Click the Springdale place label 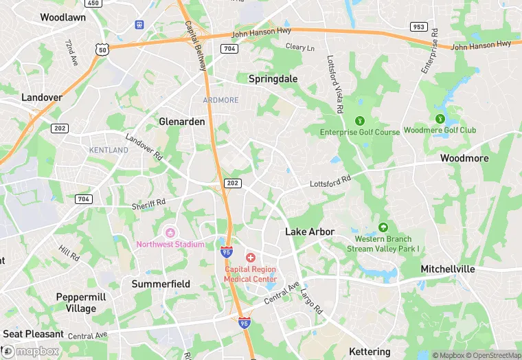click(x=273, y=79)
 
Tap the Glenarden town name click(x=182, y=121)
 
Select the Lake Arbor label click(x=310, y=232)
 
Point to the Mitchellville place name click(x=448, y=269)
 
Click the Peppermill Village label click(x=81, y=302)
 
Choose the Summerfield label click(x=161, y=283)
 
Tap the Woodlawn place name click(x=63, y=17)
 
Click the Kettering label click(x=370, y=351)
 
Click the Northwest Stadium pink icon click(x=170, y=232)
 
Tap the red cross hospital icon click(x=250, y=257)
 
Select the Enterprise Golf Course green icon click(x=360, y=120)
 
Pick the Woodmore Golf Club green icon click(x=440, y=118)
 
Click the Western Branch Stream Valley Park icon click(x=383, y=227)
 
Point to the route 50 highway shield click(x=102, y=50)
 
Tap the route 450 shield click(x=94, y=3)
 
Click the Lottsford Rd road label click(x=330, y=181)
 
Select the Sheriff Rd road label click(x=149, y=203)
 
